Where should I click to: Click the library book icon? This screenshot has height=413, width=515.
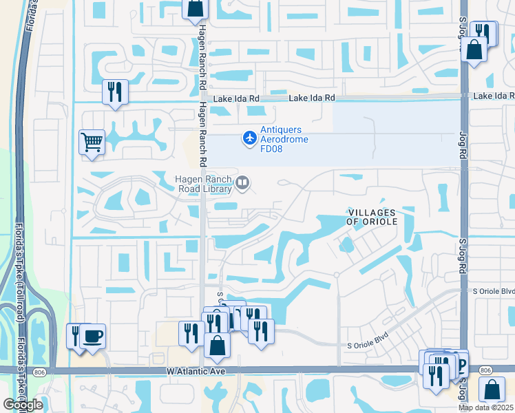242,183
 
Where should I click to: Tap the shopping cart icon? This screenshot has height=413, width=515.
92,142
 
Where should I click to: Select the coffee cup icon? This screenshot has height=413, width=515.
93,337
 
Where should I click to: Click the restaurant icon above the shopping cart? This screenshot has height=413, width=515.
115,92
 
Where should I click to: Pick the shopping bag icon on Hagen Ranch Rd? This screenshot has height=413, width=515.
196,7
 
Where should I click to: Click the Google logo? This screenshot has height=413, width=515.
23,405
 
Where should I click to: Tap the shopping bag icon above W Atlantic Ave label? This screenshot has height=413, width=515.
217,346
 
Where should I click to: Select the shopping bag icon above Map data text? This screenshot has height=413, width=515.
493,389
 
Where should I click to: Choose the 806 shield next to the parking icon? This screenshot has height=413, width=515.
486,370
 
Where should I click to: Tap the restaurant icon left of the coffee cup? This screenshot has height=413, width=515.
76,336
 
